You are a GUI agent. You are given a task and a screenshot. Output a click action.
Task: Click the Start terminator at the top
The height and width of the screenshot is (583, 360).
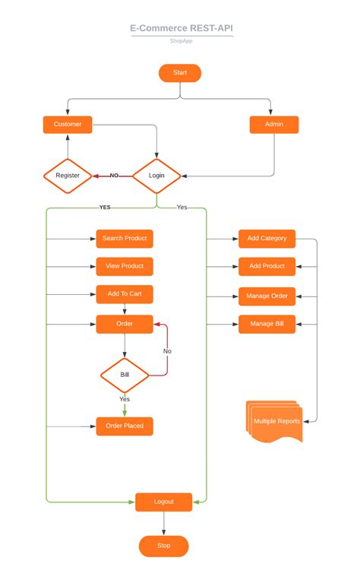pyautogui.click(x=180, y=73)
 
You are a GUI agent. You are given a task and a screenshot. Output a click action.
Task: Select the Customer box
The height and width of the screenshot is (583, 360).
pyautogui.click(x=68, y=125)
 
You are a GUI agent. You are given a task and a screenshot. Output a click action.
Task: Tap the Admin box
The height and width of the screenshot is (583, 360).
pyautogui.click(x=274, y=125)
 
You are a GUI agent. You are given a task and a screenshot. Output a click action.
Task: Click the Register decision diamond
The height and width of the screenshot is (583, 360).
pyautogui.click(x=68, y=176)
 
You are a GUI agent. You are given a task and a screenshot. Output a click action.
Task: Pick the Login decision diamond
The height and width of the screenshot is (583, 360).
pyautogui.click(x=156, y=176)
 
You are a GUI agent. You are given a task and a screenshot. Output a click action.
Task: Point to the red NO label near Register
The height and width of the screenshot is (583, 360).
pyautogui.click(x=115, y=176)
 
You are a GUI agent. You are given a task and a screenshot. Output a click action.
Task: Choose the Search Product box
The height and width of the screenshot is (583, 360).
pyautogui.click(x=125, y=239)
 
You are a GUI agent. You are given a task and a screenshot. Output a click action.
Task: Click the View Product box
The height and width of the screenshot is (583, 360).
pyautogui.click(x=125, y=266)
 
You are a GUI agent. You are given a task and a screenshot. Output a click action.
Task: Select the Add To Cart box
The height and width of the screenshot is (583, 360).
pyautogui.click(x=125, y=294)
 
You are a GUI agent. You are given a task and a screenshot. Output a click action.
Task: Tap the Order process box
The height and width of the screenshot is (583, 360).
pyautogui.click(x=125, y=324)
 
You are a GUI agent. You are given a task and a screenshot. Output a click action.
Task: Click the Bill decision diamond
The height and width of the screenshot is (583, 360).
pyautogui.click(x=125, y=375)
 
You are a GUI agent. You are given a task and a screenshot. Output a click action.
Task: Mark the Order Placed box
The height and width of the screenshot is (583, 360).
pyautogui.click(x=125, y=426)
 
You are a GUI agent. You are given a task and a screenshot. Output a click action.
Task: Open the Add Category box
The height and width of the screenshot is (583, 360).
pyautogui.click(x=267, y=239)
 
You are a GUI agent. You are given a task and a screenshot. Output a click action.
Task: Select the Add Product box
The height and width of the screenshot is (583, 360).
pyautogui.click(x=267, y=266)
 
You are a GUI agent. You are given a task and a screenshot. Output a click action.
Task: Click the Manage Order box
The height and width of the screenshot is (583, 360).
pyautogui.click(x=267, y=295)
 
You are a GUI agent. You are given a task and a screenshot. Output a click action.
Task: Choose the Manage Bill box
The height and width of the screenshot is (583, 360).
pyautogui.click(x=267, y=324)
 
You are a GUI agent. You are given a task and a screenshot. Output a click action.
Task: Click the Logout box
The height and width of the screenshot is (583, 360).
pyautogui.click(x=164, y=502)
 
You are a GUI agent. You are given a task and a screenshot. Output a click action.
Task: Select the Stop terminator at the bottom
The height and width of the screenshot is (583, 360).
pyautogui.click(x=164, y=546)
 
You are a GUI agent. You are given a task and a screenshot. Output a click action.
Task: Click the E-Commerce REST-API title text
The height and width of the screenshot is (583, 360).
pyautogui.click(x=181, y=28)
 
